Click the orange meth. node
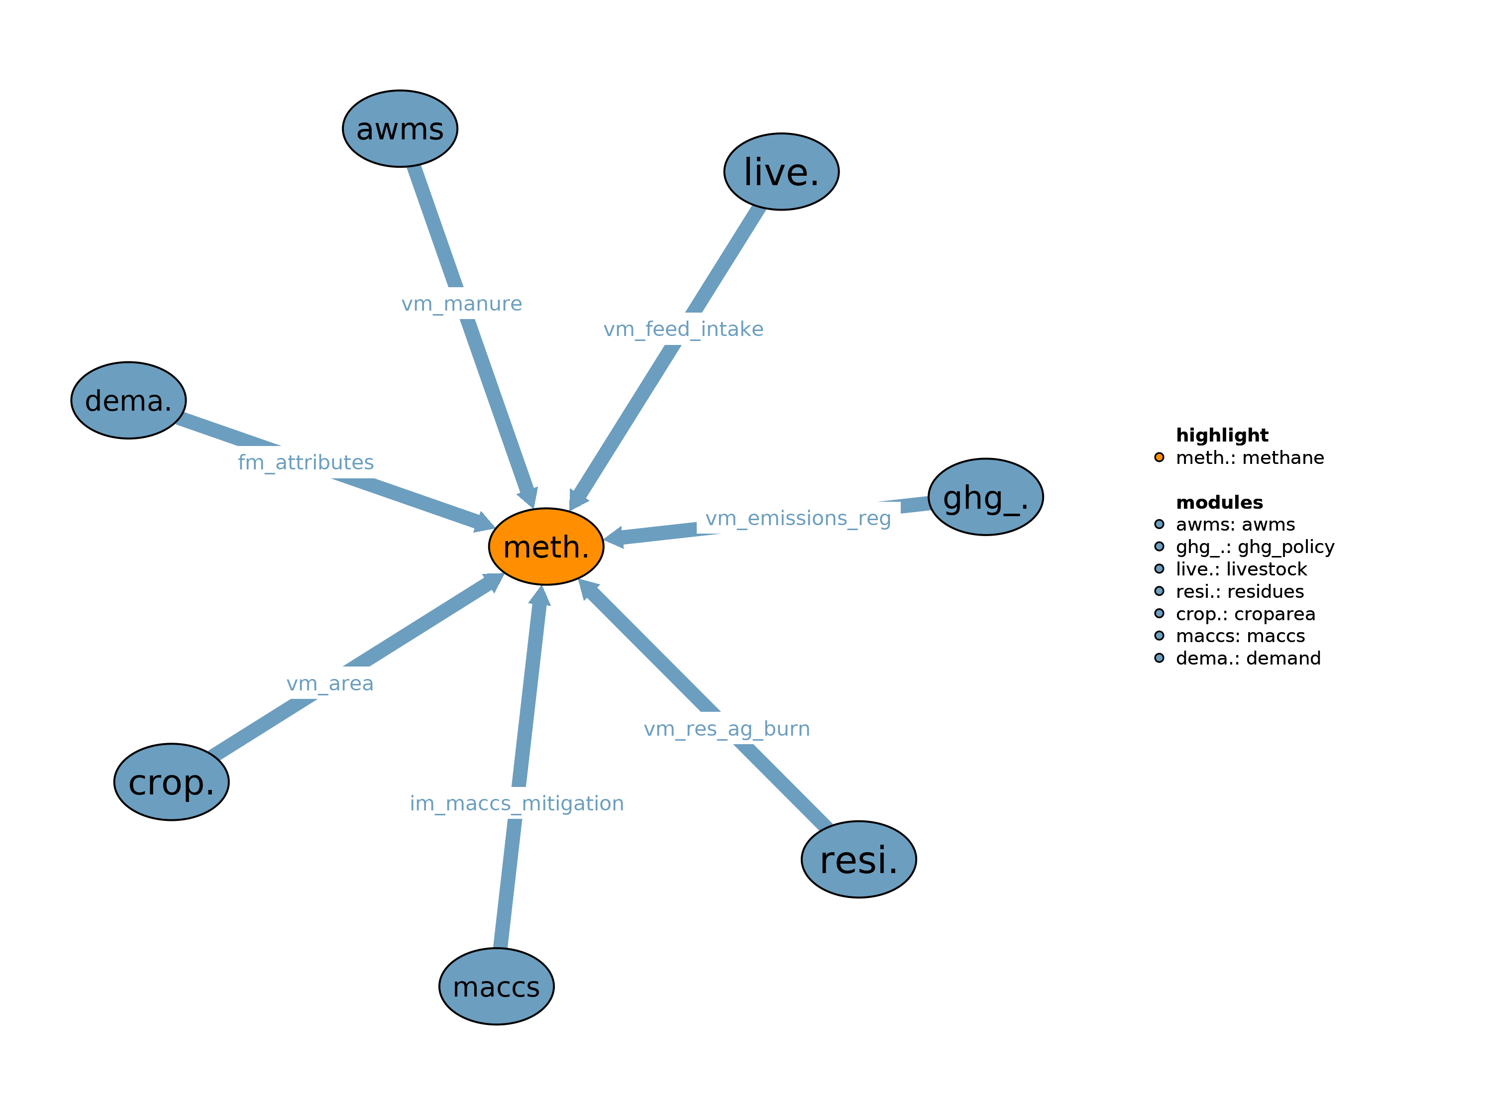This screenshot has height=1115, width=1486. (x=545, y=547)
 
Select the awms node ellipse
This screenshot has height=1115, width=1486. (x=400, y=128)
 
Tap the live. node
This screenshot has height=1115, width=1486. (x=781, y=171)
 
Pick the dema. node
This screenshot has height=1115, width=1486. (x=128, y=401)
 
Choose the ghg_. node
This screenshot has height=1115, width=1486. (x=985, y=497)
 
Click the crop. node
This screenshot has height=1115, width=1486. (x=171, y=781)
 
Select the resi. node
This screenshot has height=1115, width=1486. (x=858, y=859)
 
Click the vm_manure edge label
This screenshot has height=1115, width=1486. (x=461, y=304)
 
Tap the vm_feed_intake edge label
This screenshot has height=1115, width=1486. (x=683, y=330)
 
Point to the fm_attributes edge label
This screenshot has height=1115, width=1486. (x=306, y=462)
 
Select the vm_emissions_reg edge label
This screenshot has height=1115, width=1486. (x=798, y=518)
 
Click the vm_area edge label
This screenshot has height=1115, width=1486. (x=330, y=683)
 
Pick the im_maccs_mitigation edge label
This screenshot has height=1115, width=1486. (x=517, y=803)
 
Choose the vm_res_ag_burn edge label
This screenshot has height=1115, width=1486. (x=727, y=729)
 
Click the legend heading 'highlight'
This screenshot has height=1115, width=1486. (x=1222, y=435)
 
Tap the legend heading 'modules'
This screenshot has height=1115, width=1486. (x=1219, y=502)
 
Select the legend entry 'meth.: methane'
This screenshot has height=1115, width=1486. (x=1250, y=457)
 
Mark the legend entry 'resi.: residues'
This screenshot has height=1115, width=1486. (x=1240, y=591)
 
